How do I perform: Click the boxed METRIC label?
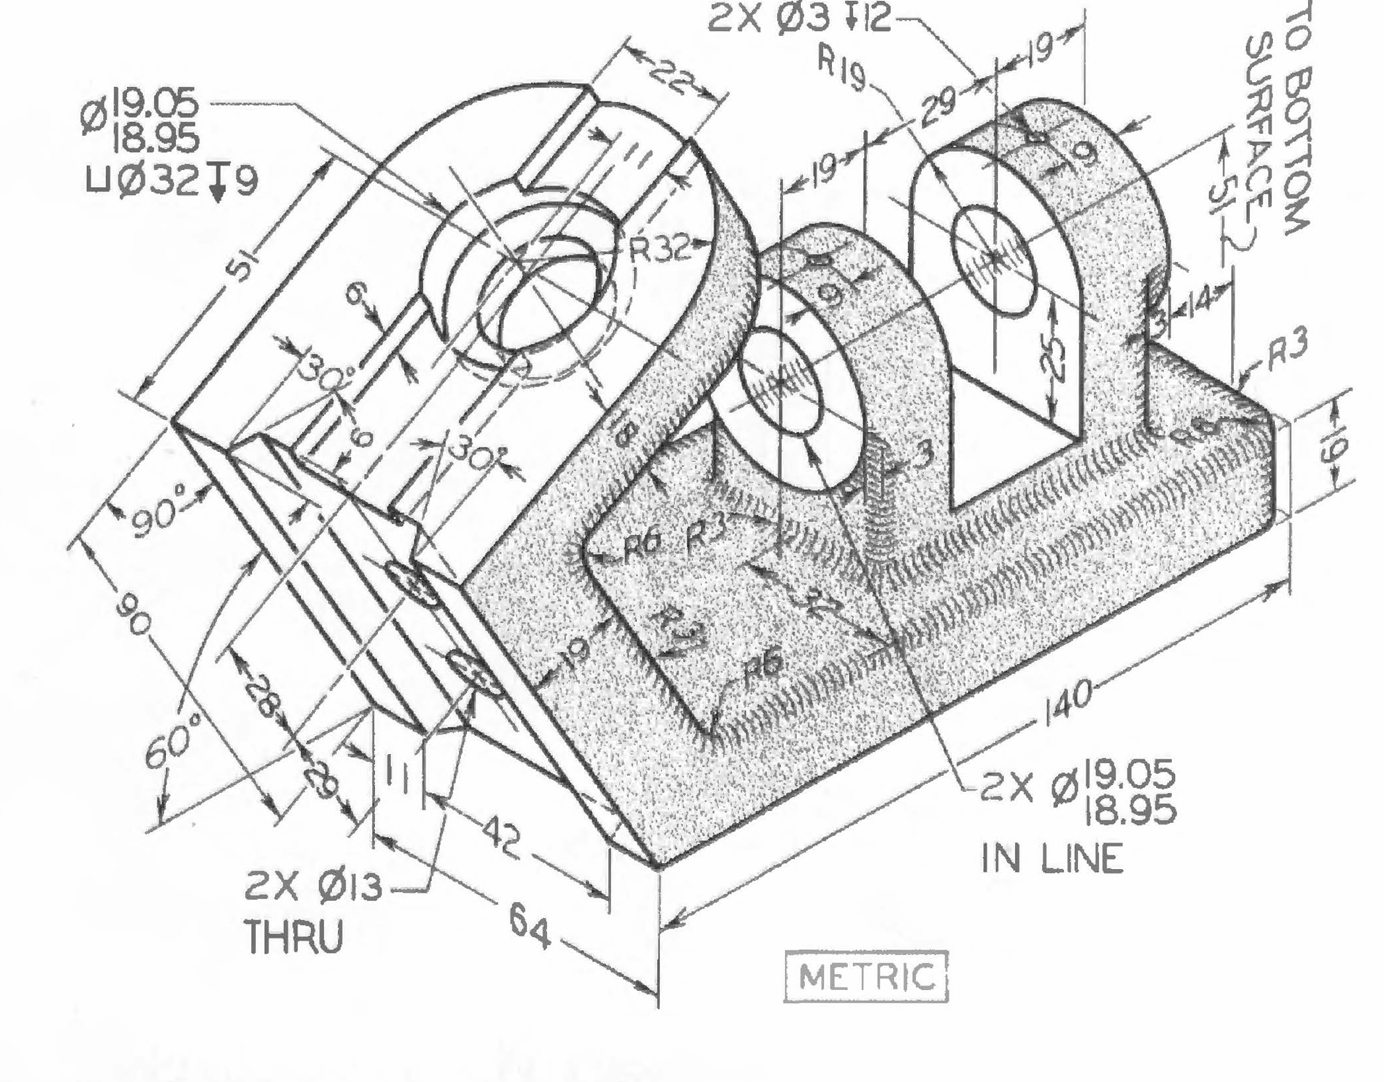coord(866,976)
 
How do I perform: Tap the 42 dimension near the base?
coord(497,837)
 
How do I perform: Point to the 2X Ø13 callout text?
coord(313,887)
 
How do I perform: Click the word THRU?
coord(294,937)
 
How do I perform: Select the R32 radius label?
coord(660,246)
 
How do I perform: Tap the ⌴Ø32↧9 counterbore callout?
coord(173,181)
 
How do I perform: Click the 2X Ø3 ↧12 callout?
coord(799,19)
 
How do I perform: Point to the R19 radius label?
coord(842,70)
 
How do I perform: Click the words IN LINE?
coord(1052,858)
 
